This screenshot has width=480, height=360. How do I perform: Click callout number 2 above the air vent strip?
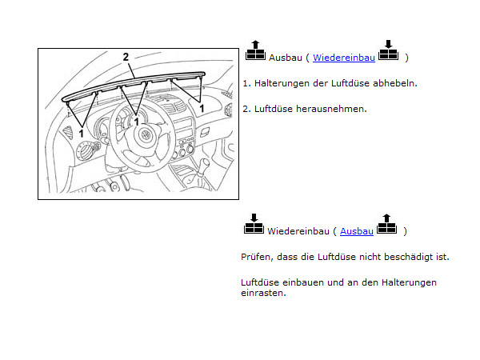coord(126,57)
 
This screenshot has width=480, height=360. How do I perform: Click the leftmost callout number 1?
coord(80,132)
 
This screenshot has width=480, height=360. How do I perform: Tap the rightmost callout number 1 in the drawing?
coord(201,106)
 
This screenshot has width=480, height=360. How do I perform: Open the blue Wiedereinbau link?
coord(343,58)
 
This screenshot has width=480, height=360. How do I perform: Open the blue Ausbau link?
coord(357,231)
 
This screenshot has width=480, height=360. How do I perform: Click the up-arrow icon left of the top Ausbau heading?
coord(255,51)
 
